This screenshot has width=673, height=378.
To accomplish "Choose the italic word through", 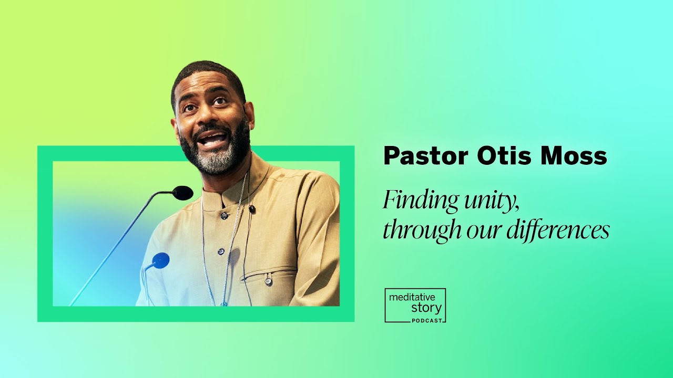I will [x=413, y=230].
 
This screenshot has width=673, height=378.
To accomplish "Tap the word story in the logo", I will [x=426, y=308].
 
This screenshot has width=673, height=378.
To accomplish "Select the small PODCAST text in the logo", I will [x=427, y=319].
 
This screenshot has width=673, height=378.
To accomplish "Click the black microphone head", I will [x=182, y=193].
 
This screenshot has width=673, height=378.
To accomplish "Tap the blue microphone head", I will [x=160, y=260].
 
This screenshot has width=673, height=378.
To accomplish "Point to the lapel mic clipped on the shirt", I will [x=252, y=209].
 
